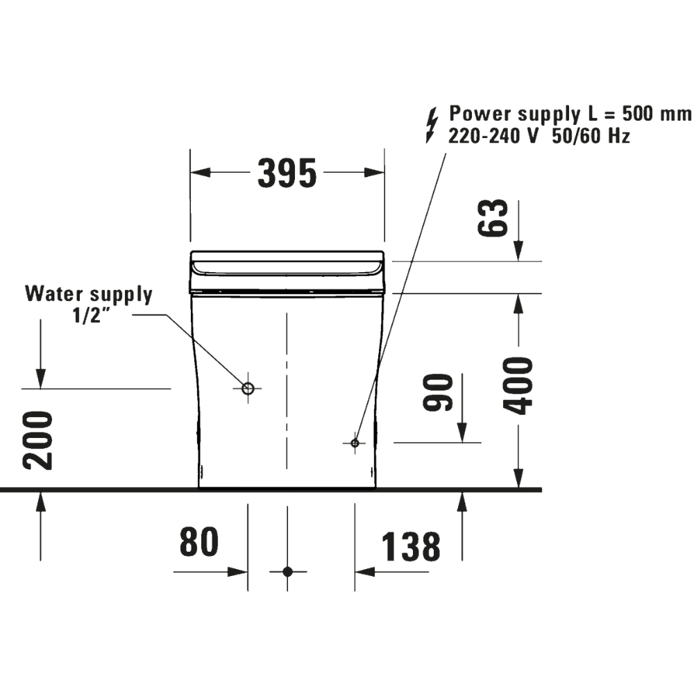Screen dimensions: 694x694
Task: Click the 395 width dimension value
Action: [x=287, y=173]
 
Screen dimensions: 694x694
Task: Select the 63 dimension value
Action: [x=496, y=218]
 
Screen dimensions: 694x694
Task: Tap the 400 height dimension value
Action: [x=518, y=385]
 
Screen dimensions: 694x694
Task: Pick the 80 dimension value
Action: [x=199, y=543]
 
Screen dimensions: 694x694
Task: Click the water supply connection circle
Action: [x=248, y=389]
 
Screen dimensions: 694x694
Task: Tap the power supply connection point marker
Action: [x=355, y=442]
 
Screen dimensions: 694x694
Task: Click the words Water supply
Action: [x=88, y=294]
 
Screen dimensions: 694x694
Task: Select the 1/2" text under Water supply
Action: [x=92, y=316]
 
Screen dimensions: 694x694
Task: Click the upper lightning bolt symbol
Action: [x=433, y=115]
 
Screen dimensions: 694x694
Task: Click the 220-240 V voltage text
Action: [x=491, y=136]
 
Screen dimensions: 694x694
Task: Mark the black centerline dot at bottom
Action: [x=287, y=572]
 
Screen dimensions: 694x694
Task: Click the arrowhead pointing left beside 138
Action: [x=364, y=572]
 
